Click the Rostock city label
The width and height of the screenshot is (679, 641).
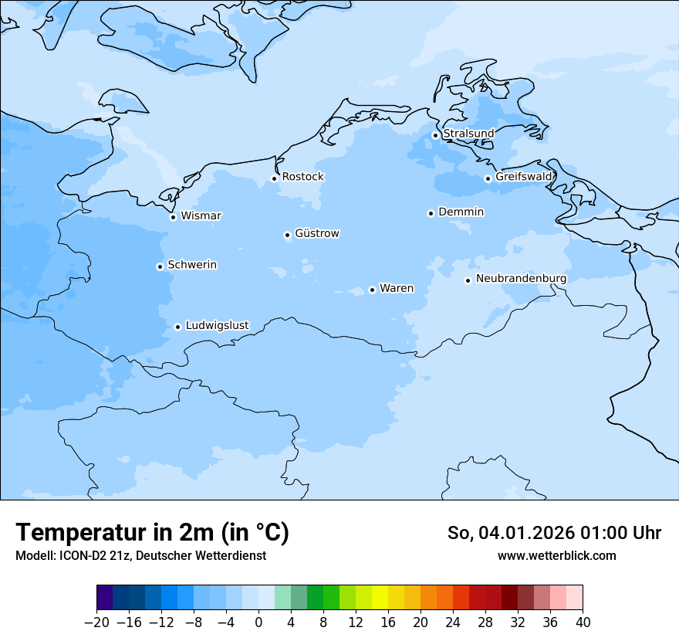click(x=302, y=177)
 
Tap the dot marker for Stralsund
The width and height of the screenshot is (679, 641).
click(x=435, y=135)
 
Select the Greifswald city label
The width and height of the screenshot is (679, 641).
click(x=524, y=177)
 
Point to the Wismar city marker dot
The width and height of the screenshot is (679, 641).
click(x=174, y=217)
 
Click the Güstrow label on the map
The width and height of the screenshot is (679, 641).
click(x=316, y=233)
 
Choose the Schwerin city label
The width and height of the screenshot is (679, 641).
click(x=192, y=265)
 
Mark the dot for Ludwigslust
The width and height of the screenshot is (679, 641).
click(x=177, y=327)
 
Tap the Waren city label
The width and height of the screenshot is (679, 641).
click(x=397, y=288)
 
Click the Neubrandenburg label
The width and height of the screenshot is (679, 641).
click(x=521, y=278)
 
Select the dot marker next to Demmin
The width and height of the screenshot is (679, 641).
click(x=431, y=213)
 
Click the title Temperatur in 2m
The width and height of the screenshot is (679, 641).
click(x=152, y=532)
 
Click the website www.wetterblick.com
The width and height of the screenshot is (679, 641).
click(x=556, y=555)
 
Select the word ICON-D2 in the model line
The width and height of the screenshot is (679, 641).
click(x=79, y=555)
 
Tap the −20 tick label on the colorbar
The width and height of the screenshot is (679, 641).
click(x=96, y=622)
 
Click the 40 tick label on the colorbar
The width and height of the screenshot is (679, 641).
click(x=583, y=622)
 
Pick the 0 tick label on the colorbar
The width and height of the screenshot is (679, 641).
click(x=258, y=622)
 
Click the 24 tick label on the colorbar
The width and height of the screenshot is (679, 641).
click(x=453, y=622)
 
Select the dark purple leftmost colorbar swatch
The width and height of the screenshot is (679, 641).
click(x=105, y=598)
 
